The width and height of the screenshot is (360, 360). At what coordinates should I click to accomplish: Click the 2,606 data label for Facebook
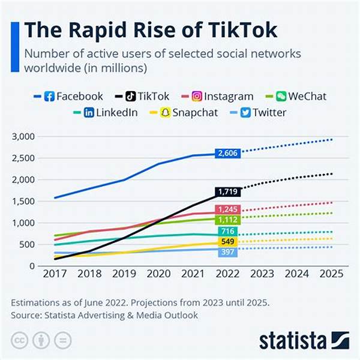coord(228,154)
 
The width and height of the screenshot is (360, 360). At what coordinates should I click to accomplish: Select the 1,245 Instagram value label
coord(228,209)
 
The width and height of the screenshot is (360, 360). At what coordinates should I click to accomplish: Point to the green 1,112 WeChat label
coord(228,220)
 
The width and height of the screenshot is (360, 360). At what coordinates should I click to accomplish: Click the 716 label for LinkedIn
coord(228,232)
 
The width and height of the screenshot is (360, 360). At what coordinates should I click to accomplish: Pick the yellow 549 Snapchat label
coord(228,242)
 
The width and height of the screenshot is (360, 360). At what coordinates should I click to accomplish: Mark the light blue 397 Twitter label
coord(228,251)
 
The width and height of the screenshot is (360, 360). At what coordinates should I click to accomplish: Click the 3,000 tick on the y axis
coord(23,137)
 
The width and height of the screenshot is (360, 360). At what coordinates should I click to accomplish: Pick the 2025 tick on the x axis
coord(331,274)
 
